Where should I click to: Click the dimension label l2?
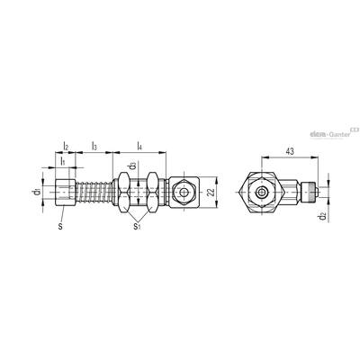[x=66, y=147]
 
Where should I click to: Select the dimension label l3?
[x=94, y=147]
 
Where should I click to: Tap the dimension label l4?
[x=139, y=147]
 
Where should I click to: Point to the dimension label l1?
[x=62, y=162]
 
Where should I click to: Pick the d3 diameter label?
[x=133, y=166]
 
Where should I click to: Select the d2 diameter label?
[x=322, y=216]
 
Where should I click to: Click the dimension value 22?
[x=211, y=192]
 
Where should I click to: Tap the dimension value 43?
[x=290, y=151]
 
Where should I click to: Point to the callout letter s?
[x=60, y=227]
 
